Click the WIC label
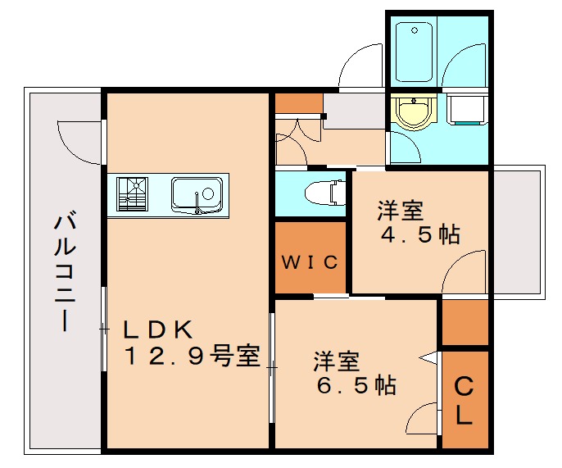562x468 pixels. pos(310,262)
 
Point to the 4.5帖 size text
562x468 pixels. pos(420,235)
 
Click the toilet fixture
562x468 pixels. pos(321,193)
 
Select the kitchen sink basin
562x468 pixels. pos(197,195)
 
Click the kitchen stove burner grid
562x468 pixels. pos(131,194)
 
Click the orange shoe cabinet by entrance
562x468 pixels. pos(297,104)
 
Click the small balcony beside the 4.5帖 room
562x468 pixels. pos(517,229)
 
